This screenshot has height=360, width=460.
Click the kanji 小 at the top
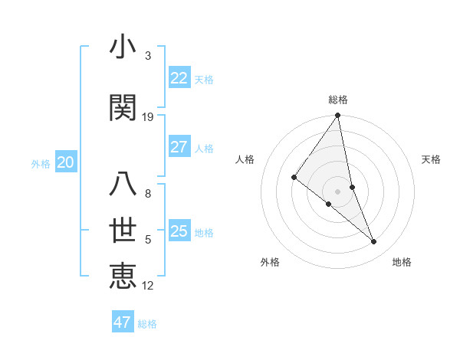123,48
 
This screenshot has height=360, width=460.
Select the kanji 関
123,108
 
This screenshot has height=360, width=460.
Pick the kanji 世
123,231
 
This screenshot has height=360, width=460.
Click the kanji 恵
123,276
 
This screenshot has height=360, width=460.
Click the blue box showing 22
179,78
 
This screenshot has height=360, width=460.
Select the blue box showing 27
179,147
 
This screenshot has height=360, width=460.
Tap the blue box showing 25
179,231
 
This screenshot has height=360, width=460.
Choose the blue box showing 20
65,162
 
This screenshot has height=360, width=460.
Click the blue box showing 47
122,322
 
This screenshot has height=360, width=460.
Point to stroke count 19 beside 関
148,117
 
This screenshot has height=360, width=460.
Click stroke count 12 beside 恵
148,286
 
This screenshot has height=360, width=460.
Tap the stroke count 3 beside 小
148,56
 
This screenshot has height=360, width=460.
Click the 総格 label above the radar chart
338,100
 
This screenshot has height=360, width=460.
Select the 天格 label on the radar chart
431,159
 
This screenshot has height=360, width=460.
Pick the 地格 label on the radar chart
402,262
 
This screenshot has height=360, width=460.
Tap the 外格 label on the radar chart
270,262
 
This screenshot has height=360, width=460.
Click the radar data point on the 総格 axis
337,116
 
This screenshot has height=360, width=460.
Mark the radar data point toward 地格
374,242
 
